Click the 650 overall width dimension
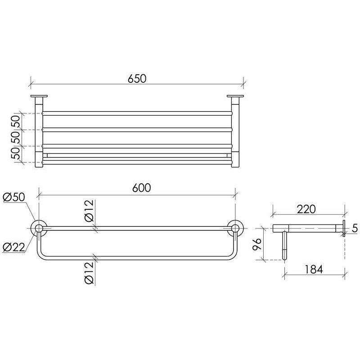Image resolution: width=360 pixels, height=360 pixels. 137,78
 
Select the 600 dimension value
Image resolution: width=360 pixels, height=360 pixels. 142,188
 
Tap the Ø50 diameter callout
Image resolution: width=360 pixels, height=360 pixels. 14,198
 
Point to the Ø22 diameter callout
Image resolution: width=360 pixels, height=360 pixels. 14,247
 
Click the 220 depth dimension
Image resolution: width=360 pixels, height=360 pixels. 306,209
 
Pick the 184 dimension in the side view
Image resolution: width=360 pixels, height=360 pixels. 314,269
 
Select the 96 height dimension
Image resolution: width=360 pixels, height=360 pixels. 256,245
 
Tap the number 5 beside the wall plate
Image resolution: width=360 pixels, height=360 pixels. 355,229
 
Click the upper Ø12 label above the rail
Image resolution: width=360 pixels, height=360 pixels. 89,211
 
